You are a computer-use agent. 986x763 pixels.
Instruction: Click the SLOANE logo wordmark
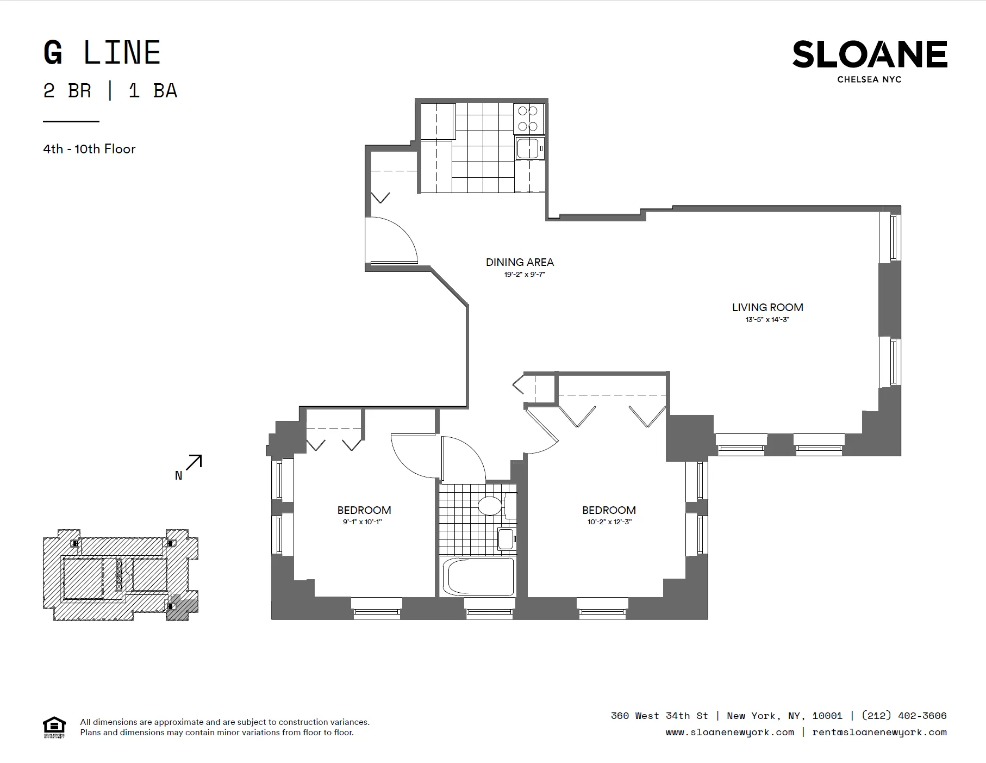tap(869, 54)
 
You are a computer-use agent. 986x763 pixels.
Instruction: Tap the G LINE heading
tap(102, 53)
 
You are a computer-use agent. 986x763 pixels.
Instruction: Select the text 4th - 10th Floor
tap(89, 149)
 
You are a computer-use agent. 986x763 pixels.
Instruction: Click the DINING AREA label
tap(520, 262)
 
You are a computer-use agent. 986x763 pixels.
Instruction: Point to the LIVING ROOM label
tap(767, 307)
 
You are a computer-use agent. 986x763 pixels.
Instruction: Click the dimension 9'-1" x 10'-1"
tap(363, 522)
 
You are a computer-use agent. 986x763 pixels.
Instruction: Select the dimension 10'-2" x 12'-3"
tap(609, 522)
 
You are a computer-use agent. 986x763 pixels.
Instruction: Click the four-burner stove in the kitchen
tap(527, 119)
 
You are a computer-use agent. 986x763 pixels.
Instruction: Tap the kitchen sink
tap(528, 148)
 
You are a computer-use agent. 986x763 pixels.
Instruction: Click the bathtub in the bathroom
tap(478, 577)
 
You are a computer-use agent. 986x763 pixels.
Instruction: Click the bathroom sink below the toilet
tap(506, 538)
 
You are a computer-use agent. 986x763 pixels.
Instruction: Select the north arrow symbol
tap(194, 463)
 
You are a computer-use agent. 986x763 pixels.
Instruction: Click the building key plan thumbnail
tap(120, 575)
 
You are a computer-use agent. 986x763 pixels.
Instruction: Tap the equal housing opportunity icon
tap(54, 727)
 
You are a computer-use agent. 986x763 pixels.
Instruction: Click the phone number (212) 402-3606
tap(904, 716)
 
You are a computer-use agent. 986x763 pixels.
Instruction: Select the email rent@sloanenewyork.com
tap(879, 732)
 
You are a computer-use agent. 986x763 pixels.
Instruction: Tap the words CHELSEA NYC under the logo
tap(869, 79)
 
